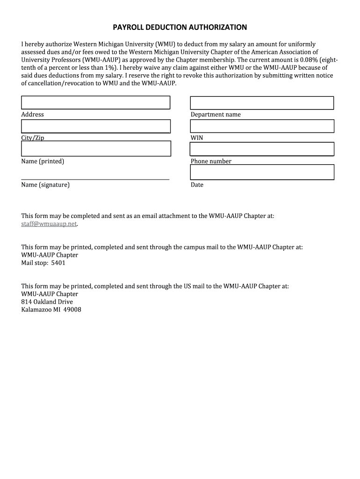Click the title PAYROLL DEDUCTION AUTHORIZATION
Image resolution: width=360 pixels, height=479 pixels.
coord(180,27)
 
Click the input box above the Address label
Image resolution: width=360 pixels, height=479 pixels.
coord(95,102)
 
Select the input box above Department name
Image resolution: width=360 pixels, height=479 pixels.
coord(262,103)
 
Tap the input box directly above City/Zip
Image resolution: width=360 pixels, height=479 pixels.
coord(95,126)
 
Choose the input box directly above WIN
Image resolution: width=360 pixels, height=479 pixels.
coord(262,126)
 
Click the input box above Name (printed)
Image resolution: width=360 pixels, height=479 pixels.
coord(95,149)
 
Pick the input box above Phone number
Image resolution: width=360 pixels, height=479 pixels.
coord(262,149)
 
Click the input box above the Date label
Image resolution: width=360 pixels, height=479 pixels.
coord(262,172)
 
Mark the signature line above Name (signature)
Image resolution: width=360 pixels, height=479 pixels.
coord(95,179)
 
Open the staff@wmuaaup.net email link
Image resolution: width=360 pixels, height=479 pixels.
coord(49,224)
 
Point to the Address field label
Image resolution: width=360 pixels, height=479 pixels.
coord(32,115)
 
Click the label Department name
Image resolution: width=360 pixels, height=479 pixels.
coord(216,115)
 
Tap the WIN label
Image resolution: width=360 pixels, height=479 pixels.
coord(197,138)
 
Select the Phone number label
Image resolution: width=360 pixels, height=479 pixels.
coord(211,161)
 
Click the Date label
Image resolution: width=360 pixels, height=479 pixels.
coord(197,185)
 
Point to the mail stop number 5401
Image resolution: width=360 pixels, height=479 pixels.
coord(58,263)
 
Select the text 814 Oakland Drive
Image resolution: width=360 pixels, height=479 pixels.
coord(47,302)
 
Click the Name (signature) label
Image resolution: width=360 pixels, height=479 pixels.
coord(45,185)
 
